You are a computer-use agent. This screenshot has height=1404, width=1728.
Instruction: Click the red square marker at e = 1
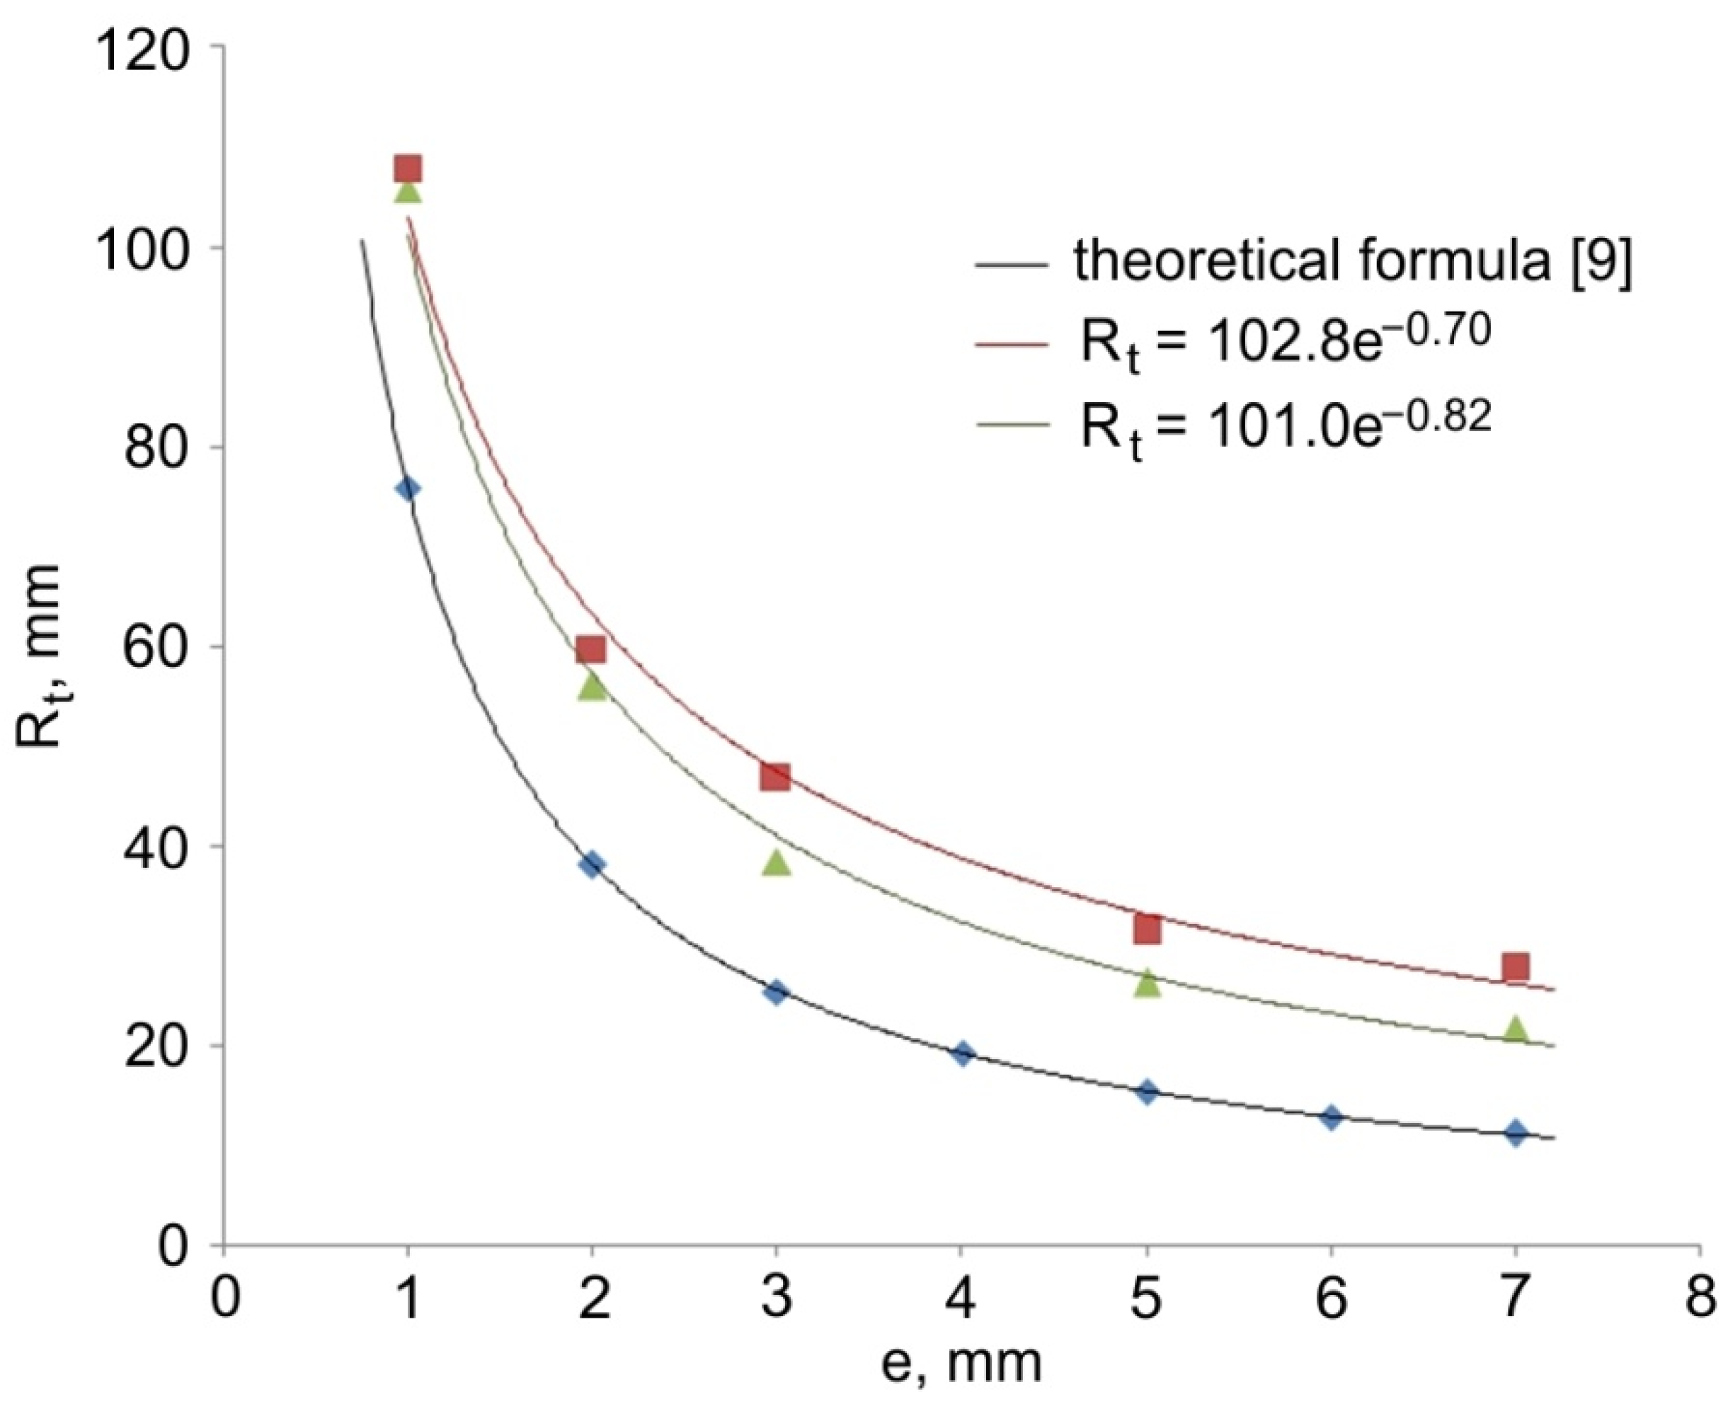tap(408, 169)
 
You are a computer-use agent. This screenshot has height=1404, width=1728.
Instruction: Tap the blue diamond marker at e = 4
tap(962, 1053)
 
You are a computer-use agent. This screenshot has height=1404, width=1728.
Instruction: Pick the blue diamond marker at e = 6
tap(1332, 1117)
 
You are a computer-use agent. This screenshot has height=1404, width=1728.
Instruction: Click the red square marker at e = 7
tap(1516, 966)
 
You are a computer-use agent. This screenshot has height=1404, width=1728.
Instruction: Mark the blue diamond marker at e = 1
tap(408, 489)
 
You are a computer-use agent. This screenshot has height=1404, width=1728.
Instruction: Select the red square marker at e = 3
tap(775, 777)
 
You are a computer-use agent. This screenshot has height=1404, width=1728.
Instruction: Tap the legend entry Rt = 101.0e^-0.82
tap(1286, 427)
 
